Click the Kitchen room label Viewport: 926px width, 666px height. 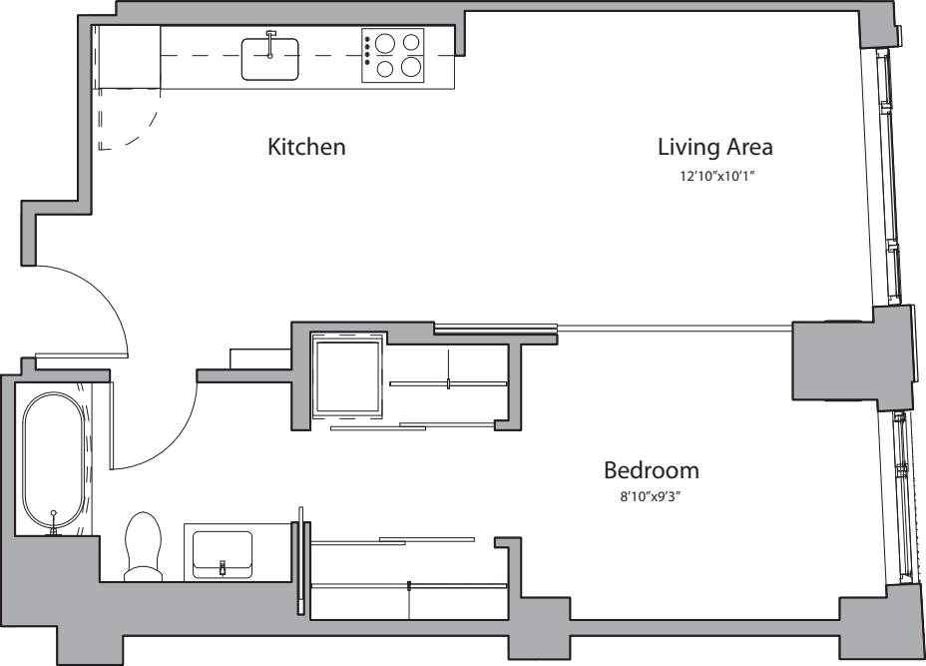pos(306,147)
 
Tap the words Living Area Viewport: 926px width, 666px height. pos(715,147)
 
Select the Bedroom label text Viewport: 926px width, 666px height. pos(652,470)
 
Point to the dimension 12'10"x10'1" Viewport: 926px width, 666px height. pos(717,176)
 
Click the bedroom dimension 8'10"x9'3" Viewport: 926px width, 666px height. pos(651,497)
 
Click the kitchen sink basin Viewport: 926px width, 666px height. pos(269,59)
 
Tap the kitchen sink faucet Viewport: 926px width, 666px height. pos(270,44)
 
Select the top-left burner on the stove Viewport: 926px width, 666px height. pos(385,43)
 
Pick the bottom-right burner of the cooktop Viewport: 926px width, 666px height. pos(410,67)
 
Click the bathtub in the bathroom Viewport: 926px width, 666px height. pos(53,459)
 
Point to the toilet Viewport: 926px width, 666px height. pos(143,546)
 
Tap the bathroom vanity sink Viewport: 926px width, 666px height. pos(223,555)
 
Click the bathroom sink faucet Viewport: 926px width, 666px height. pos(223,567)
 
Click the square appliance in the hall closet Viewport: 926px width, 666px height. pos(347,378)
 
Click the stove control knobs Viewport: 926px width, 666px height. pos(367,50)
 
